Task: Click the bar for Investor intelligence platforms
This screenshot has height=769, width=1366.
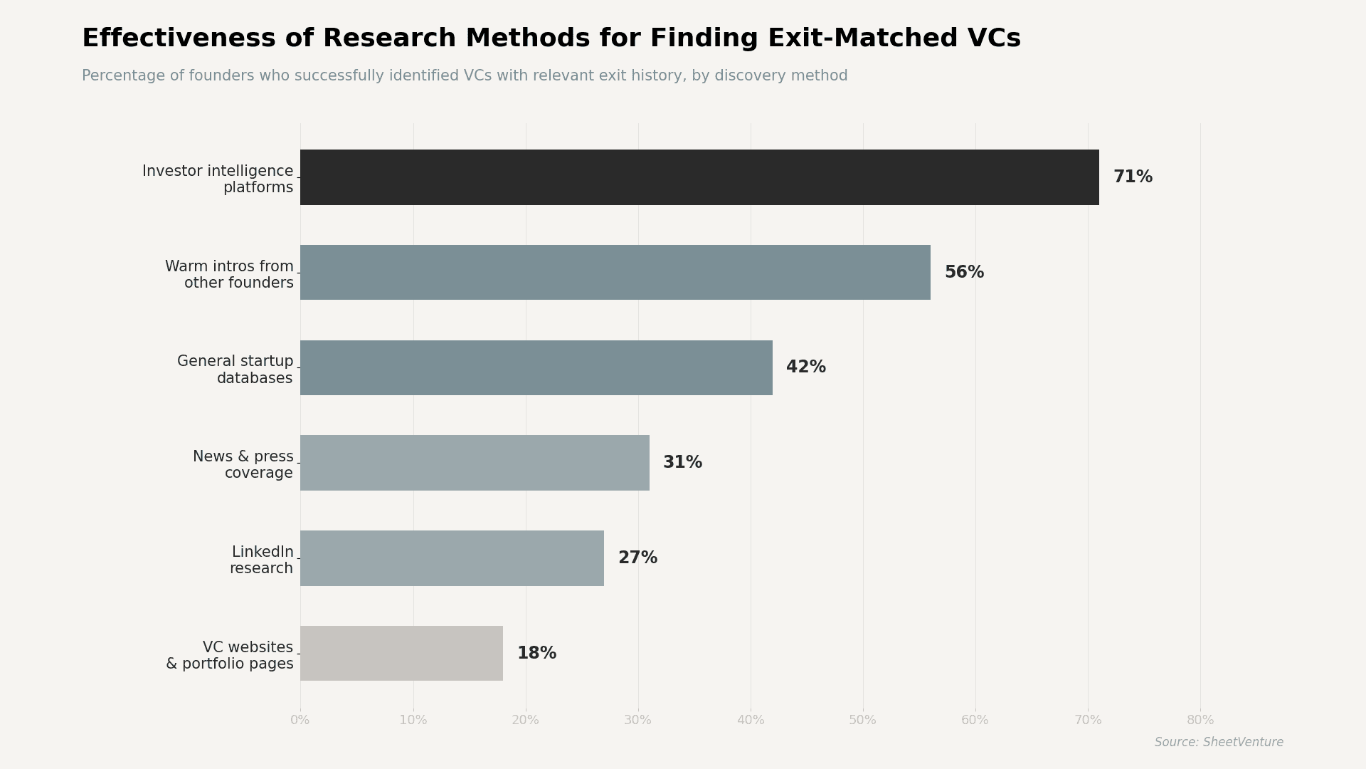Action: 699,177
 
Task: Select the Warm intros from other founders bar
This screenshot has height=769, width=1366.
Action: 615,273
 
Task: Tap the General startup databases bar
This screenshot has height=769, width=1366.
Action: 536,367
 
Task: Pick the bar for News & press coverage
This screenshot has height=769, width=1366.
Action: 475,463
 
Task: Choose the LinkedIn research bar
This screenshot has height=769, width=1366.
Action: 452,558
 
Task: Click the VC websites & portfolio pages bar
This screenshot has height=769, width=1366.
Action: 401,654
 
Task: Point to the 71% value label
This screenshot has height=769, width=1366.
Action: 1133,177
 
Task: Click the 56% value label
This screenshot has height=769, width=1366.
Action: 964,273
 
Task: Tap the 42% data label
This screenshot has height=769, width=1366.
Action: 806,367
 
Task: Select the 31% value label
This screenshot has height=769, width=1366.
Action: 682,463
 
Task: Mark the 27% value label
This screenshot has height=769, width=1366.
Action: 637,558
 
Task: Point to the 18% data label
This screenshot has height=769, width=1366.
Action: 536,654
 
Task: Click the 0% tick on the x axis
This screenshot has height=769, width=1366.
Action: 300,721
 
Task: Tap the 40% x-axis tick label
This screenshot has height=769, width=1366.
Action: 751,721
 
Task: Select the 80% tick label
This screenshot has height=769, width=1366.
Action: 1200,721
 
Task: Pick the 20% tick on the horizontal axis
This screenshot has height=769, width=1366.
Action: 525,721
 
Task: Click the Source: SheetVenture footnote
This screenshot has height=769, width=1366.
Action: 1219,743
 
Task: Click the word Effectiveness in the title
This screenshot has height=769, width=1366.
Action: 179,38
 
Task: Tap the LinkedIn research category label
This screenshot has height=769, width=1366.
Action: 261,560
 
